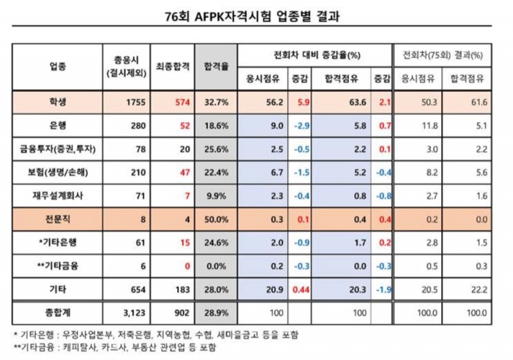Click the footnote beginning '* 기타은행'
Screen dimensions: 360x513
156,335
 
